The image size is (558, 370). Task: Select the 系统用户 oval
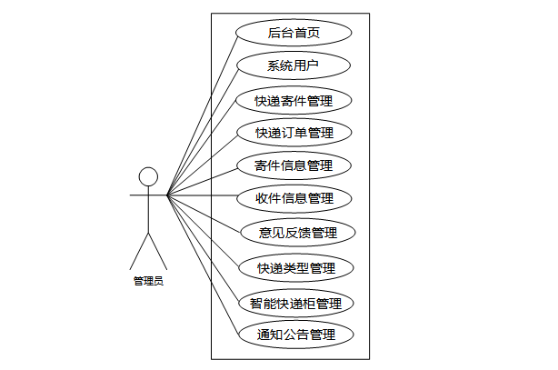click(294, 65)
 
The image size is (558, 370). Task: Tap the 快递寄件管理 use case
click(294, 99)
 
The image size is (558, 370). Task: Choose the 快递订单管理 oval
click(294, 133)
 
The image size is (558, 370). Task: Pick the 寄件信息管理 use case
click(294, 165)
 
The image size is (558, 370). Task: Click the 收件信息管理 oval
click(294, 198)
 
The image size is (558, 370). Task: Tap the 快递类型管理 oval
click(295, 268)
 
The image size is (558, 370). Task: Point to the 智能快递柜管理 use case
click(295, 303)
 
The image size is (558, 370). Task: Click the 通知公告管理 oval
click(295, 335)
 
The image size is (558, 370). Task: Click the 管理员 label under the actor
click(148, 281)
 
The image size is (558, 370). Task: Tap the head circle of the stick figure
click(148, 176)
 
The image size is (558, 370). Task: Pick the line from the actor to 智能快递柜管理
click(202, 248)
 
